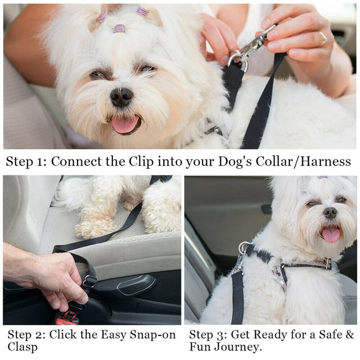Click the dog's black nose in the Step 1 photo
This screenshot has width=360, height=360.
pos(121,97)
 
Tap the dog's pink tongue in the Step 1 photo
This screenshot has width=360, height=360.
pos(125,125)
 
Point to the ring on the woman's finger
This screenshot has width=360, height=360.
pos(323,38)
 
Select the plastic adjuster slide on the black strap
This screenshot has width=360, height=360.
pos(89,281)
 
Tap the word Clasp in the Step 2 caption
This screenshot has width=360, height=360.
pos(22,347)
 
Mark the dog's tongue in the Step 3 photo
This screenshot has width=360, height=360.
pos(331,234)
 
